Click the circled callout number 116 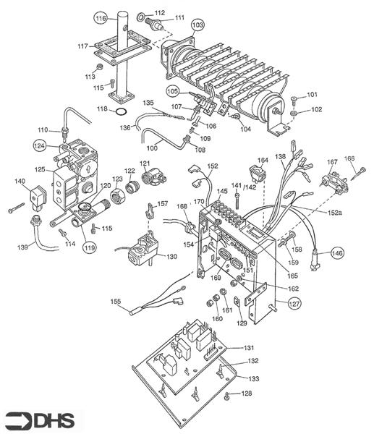[x=101, y=17]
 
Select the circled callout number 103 [x=197, y=25]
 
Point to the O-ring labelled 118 [x=122, y=111]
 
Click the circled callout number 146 [x=338, y=253]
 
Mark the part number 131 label [x=248, y=348]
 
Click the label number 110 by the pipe [x=43, y=129]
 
